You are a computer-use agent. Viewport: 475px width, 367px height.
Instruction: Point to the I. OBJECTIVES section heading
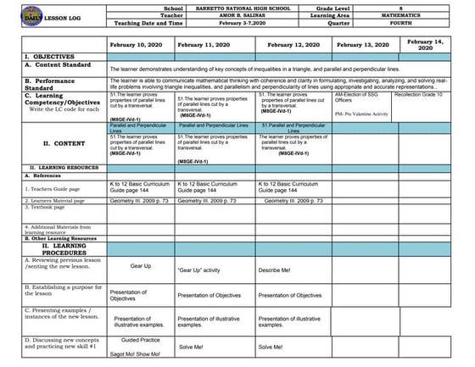[x=33, y=56]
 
